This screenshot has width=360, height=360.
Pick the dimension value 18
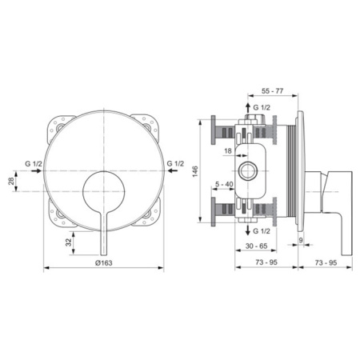(228, 150)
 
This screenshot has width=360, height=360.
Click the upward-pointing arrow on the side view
(246, 107)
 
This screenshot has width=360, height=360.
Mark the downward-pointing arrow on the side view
(246, 229)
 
